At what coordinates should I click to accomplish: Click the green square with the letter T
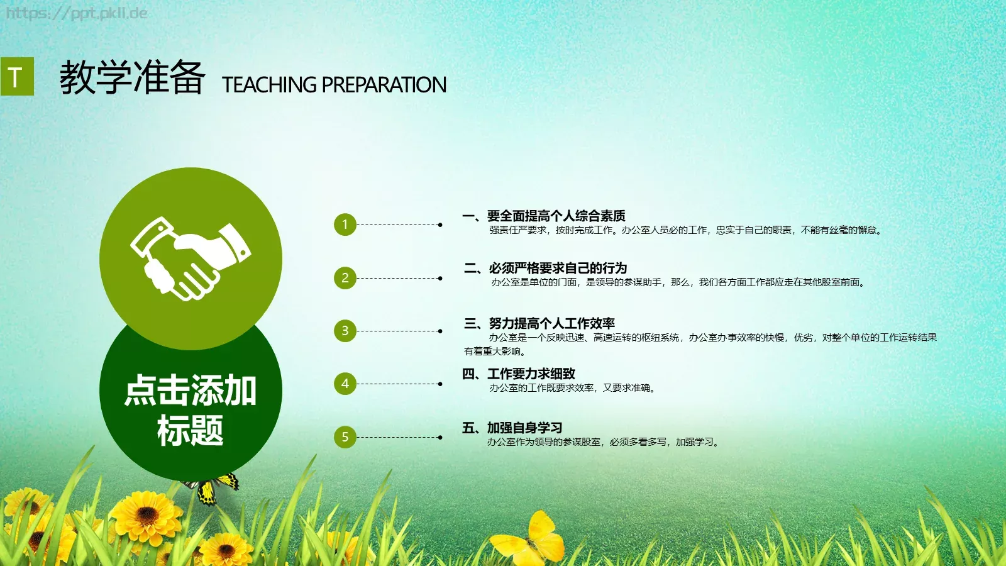point(17,77)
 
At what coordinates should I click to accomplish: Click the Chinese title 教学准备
point(132,78)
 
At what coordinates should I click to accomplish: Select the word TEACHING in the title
point(269,85)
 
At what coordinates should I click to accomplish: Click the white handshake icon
point(190,258)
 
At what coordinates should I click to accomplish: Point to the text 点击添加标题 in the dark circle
point(191,410)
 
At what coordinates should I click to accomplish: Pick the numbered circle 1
point(345,225)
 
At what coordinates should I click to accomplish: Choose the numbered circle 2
point(345,278)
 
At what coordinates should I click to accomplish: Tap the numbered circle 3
point(345,331)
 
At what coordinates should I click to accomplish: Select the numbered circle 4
point(345,384)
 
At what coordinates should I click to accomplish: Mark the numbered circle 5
point(345,437)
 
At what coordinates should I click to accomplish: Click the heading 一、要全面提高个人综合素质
point(544,216)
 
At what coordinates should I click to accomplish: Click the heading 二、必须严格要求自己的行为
point(545,269)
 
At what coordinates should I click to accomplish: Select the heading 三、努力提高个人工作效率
point(539,324)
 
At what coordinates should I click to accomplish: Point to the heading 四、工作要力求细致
point(519,374)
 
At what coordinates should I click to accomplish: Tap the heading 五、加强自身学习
point(512,428)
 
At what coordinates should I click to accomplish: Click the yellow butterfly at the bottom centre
point(529,538)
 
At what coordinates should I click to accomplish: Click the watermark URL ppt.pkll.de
point(77,13)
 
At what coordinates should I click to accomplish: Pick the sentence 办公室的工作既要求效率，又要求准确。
point(572,388)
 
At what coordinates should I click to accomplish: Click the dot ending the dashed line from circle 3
point(440,331)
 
